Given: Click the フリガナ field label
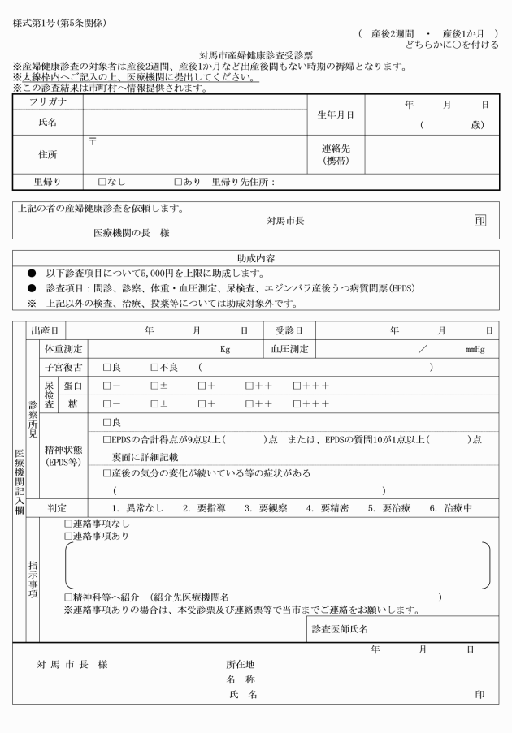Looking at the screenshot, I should pyautogui.click(x=48, y=103).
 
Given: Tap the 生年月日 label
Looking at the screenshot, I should pyautogui.click(x=336, y=114).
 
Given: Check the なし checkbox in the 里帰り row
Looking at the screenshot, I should pyautogui.click(x=102, y=182).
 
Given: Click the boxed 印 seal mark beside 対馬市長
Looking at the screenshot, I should pyautogui.click(x=480, y=220).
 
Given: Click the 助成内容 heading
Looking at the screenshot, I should pyautogui.click(x=255, y=258).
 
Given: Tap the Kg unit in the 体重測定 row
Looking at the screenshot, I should pyautogui.click(x=225, y=350).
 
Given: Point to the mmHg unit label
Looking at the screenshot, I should pyautogui.click(x=474, y=350).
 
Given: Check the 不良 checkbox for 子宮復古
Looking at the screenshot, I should pyautogui.click(x=154, y=368).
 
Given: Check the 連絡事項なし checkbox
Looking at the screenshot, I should pyautogui.click(x=68, y=524).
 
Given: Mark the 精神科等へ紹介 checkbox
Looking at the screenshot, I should pyautogui.click(x=68, y=597).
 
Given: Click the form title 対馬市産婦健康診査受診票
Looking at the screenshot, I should pyautogui.click(x=255, y=55).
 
